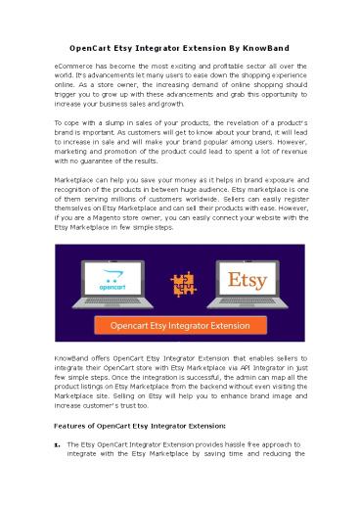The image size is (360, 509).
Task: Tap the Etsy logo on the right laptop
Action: tap(248, 278)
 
